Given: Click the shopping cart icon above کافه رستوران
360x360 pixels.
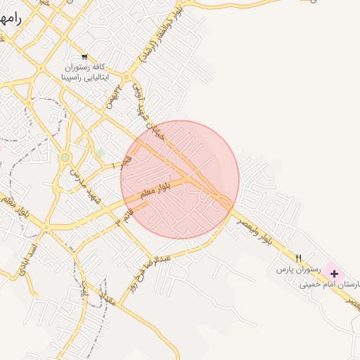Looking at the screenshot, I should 84,56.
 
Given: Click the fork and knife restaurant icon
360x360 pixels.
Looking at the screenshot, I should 298,258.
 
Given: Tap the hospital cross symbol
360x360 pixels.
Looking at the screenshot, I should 333,273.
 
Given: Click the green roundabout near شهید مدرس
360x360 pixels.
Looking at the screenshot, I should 65,157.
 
